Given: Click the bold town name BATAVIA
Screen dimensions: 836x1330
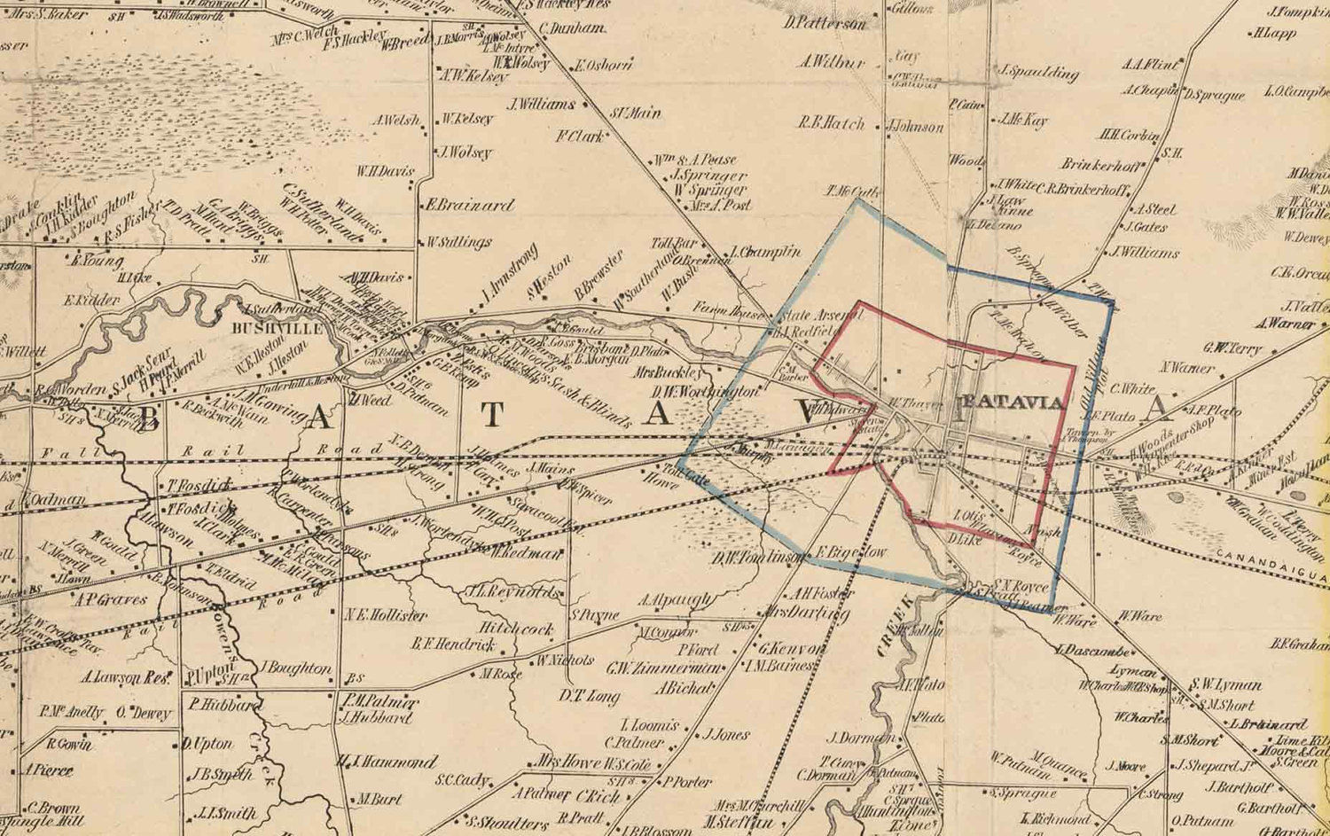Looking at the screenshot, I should [1012, 402].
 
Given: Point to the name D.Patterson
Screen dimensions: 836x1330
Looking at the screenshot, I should [825, 24].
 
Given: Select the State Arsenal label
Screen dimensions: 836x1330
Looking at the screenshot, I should [810, 316].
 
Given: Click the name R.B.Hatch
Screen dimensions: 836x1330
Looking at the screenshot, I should [831, 124].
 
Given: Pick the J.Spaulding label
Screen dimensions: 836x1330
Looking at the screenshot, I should [1038, 73].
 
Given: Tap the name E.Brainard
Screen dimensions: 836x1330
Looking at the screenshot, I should [469, 205].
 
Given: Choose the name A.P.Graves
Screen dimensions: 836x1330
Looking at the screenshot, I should [110, 599].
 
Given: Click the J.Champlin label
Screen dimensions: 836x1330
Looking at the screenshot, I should [767, 252].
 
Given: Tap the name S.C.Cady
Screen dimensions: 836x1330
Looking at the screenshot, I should [462, 780].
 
